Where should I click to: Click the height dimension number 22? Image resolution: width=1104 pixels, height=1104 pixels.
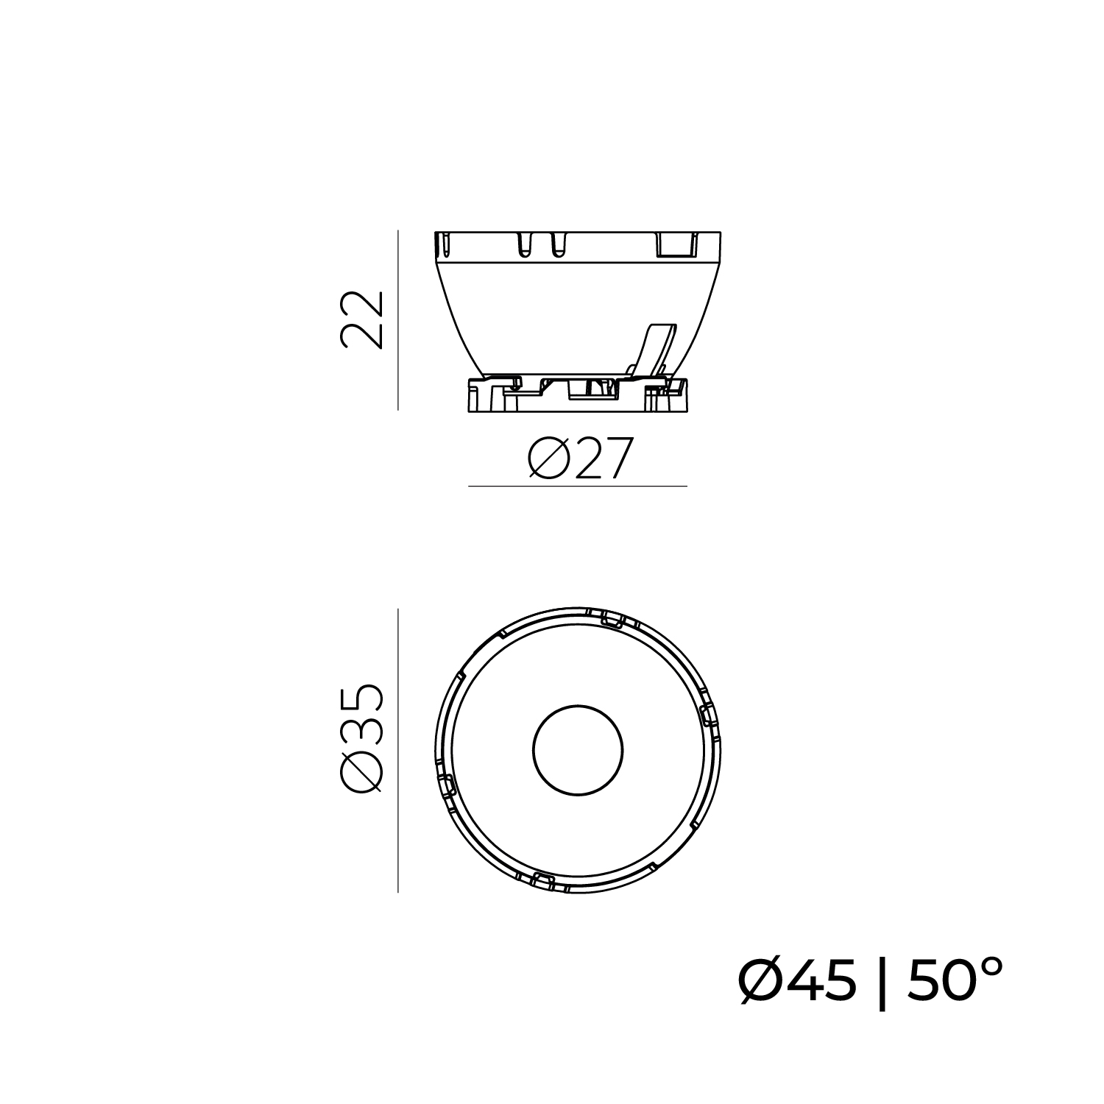click(x=362, y=319)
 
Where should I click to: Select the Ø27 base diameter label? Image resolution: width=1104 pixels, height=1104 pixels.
click(x=581, y=459)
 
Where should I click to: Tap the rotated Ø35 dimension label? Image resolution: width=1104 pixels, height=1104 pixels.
click(x=362, y=739)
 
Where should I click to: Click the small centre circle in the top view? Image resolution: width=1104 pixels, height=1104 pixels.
click(x=578, y=751)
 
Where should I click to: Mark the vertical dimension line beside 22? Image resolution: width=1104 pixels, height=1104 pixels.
click(x=398, y=320)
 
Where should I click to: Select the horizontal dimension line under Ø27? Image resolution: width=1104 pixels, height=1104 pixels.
click(x=578, y=486)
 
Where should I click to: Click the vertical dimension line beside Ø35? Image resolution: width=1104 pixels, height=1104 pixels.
click(x=398, y=751)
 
